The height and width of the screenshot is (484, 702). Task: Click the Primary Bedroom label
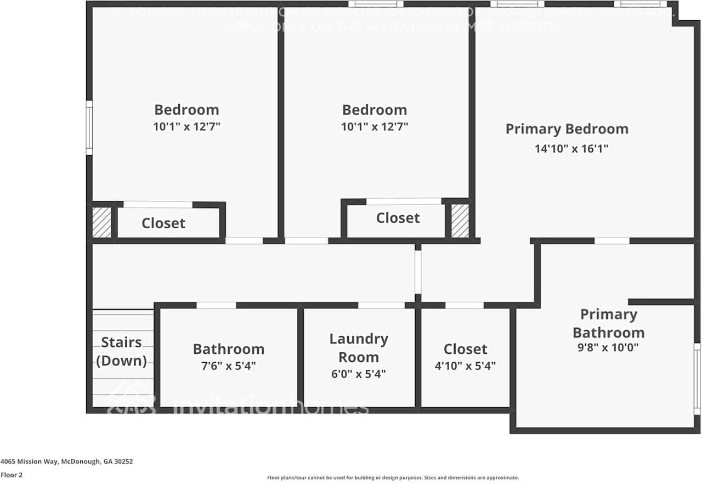567,130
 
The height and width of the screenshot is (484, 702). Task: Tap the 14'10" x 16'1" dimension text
571,149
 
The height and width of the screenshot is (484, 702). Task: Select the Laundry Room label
358,348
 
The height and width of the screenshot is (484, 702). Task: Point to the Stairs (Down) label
121,351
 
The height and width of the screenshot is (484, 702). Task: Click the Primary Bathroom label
608,323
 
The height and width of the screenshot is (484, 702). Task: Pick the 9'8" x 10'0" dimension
608,347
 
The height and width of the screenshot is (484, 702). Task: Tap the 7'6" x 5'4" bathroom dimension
228,365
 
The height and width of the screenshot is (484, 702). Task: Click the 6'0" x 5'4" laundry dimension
358,374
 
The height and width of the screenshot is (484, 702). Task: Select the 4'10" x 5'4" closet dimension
465,365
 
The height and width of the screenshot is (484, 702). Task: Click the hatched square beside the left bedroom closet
101,222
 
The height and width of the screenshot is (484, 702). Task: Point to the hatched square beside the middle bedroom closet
460,220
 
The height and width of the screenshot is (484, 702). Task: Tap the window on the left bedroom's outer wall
89,127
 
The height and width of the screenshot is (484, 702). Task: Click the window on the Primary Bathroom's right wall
697,379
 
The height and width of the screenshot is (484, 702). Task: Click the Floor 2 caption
12,475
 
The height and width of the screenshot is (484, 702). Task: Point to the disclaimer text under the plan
393,478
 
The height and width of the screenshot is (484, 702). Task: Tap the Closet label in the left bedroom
163,223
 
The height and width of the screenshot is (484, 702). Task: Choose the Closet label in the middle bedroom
398,218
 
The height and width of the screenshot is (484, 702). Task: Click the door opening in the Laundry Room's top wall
381,305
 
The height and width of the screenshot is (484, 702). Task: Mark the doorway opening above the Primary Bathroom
612,241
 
